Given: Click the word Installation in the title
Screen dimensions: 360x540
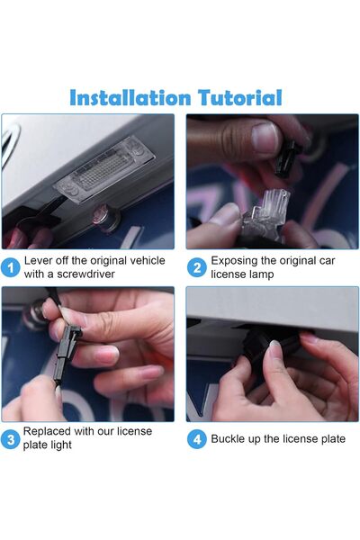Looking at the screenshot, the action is [130, 97].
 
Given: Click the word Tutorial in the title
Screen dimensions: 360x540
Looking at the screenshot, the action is [240, 97].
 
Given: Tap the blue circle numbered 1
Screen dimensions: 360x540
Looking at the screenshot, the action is [10, 267].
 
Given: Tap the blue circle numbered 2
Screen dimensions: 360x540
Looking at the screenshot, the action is [197, 267].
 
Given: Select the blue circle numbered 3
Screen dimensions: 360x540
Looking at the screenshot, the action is [10, 439].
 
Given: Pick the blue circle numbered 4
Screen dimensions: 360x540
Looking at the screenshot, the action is [197, 439].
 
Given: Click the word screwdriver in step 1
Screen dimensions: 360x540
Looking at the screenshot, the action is [85, 274].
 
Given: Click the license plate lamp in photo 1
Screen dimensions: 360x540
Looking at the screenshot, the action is [104, 169].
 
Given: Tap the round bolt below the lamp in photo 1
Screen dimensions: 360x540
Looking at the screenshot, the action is [105, 217].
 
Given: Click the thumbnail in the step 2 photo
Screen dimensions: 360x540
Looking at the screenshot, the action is [265, 138].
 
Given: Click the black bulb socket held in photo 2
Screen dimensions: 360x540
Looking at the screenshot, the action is [286, 158].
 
